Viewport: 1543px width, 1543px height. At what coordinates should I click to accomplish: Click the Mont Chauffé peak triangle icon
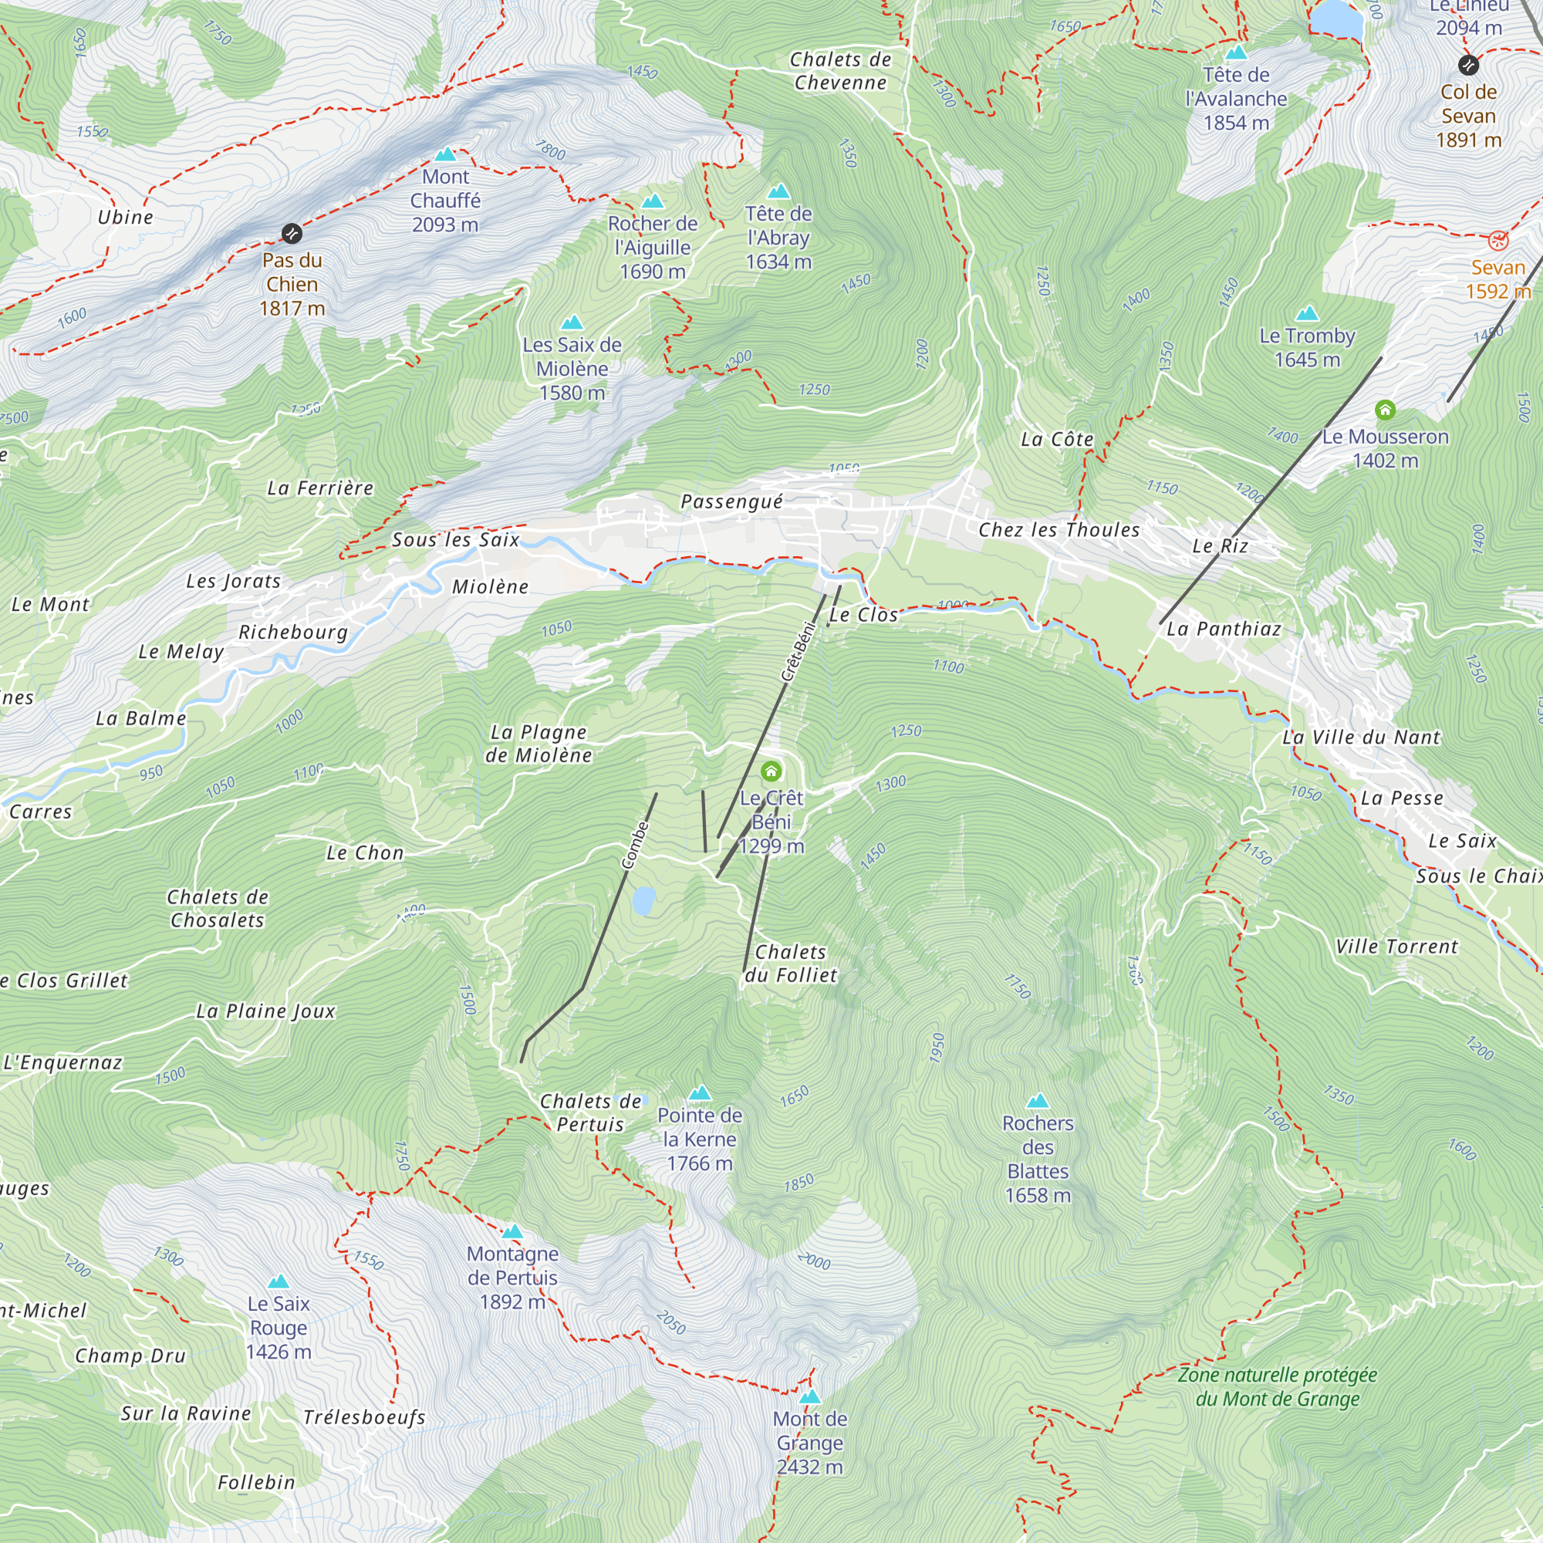pos(446,155)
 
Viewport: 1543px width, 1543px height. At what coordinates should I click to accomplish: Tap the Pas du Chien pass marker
pos(292,233)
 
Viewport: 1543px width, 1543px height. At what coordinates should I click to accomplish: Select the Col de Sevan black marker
pos(1468,66)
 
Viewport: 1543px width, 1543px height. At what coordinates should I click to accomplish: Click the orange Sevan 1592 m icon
pos(1498,241)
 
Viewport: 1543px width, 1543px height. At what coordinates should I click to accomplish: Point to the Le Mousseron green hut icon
pos(1385,410)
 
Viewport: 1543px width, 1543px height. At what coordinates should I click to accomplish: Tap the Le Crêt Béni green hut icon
pos(771,771)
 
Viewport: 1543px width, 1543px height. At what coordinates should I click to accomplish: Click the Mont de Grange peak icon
pos(810,1397)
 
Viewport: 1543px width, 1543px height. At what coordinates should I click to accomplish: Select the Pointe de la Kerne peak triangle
pos(700,1092)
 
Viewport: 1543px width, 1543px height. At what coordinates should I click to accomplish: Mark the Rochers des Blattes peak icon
pos(1038,1102)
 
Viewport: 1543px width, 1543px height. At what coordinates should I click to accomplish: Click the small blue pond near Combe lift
pos(643,902)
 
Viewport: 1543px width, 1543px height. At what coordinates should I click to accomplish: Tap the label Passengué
pos(731,501)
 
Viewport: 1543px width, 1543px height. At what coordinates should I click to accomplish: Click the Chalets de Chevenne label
pos(840,71)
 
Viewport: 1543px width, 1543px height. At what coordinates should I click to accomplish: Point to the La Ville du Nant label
pos(1361,737)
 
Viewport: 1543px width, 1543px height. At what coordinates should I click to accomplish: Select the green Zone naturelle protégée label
pos(1277,1386)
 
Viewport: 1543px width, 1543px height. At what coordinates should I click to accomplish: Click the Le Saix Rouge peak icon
pos(278,1281)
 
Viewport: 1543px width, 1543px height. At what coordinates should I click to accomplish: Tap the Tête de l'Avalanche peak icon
pos(1236,53)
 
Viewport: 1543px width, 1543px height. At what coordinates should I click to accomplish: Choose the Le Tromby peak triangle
pos(1307,313)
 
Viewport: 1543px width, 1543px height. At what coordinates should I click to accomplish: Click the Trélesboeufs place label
pos(364,1417)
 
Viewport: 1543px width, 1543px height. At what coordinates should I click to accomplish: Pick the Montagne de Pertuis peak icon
pos(513,1231)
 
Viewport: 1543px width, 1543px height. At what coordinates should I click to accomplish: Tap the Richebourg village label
pos(293,633)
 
